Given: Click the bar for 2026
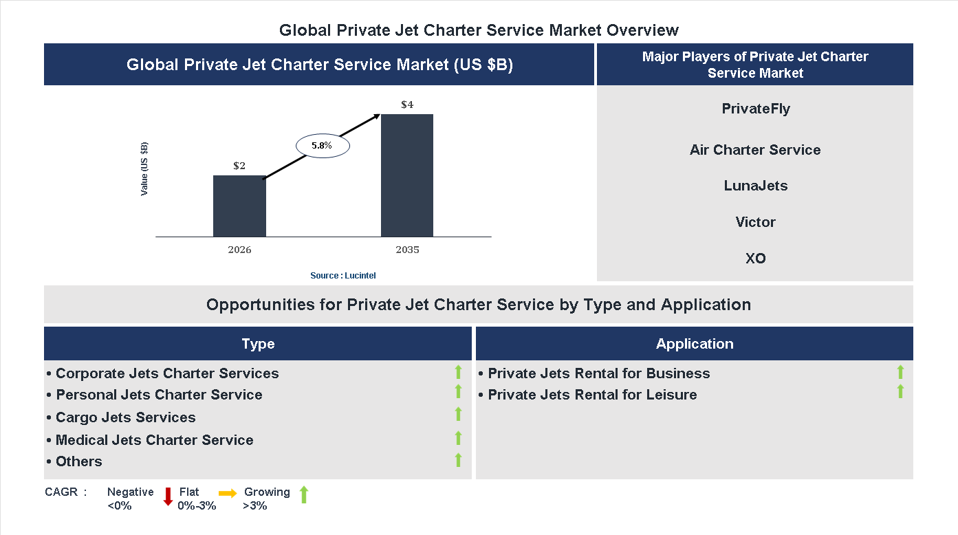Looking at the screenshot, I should click(x=239, y=206).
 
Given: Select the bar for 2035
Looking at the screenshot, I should click(x=407, y=175).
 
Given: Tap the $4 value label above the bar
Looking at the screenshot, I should click(x=407, y=105).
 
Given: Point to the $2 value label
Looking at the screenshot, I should click(x=239, y=166).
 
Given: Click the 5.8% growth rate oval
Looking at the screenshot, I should click(x=323, y=146).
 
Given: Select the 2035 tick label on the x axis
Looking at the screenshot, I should click(x=407, y=250).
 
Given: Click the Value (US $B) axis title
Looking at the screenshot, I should click(x=144, y=168).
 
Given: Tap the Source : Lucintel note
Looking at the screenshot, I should click(x=342, y=275).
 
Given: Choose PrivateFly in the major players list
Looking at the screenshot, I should click(x=755, y=109).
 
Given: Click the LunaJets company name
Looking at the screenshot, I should click(x=755, y=186).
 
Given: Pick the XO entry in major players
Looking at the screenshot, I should click(x=755, y=259).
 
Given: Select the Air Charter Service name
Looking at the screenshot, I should click(x=755, y=150).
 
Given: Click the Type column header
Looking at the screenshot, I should click(x=258, y=344).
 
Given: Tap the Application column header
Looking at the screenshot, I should click(x=694, y=344).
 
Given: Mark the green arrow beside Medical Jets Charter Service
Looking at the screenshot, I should click(x=458, y=438).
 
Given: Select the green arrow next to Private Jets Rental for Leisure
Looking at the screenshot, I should click(x=900, y=392).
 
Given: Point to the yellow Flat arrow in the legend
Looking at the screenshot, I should click(x=228, y=493).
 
